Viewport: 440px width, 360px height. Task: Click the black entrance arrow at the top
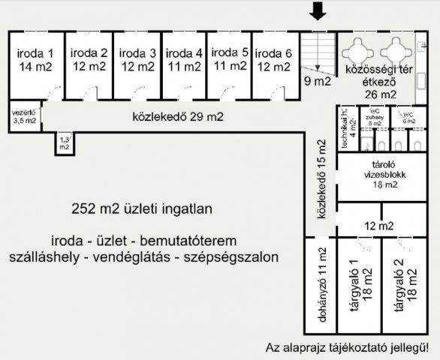318,10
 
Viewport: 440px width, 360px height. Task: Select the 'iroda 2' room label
89,60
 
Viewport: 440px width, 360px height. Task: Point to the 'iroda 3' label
137,60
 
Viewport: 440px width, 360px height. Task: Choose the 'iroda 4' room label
184,60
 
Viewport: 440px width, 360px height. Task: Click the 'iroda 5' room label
230,59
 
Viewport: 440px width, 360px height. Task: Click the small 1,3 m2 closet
65,143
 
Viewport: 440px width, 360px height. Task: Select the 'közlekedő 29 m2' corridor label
178,118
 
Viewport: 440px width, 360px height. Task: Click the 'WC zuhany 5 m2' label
375,119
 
